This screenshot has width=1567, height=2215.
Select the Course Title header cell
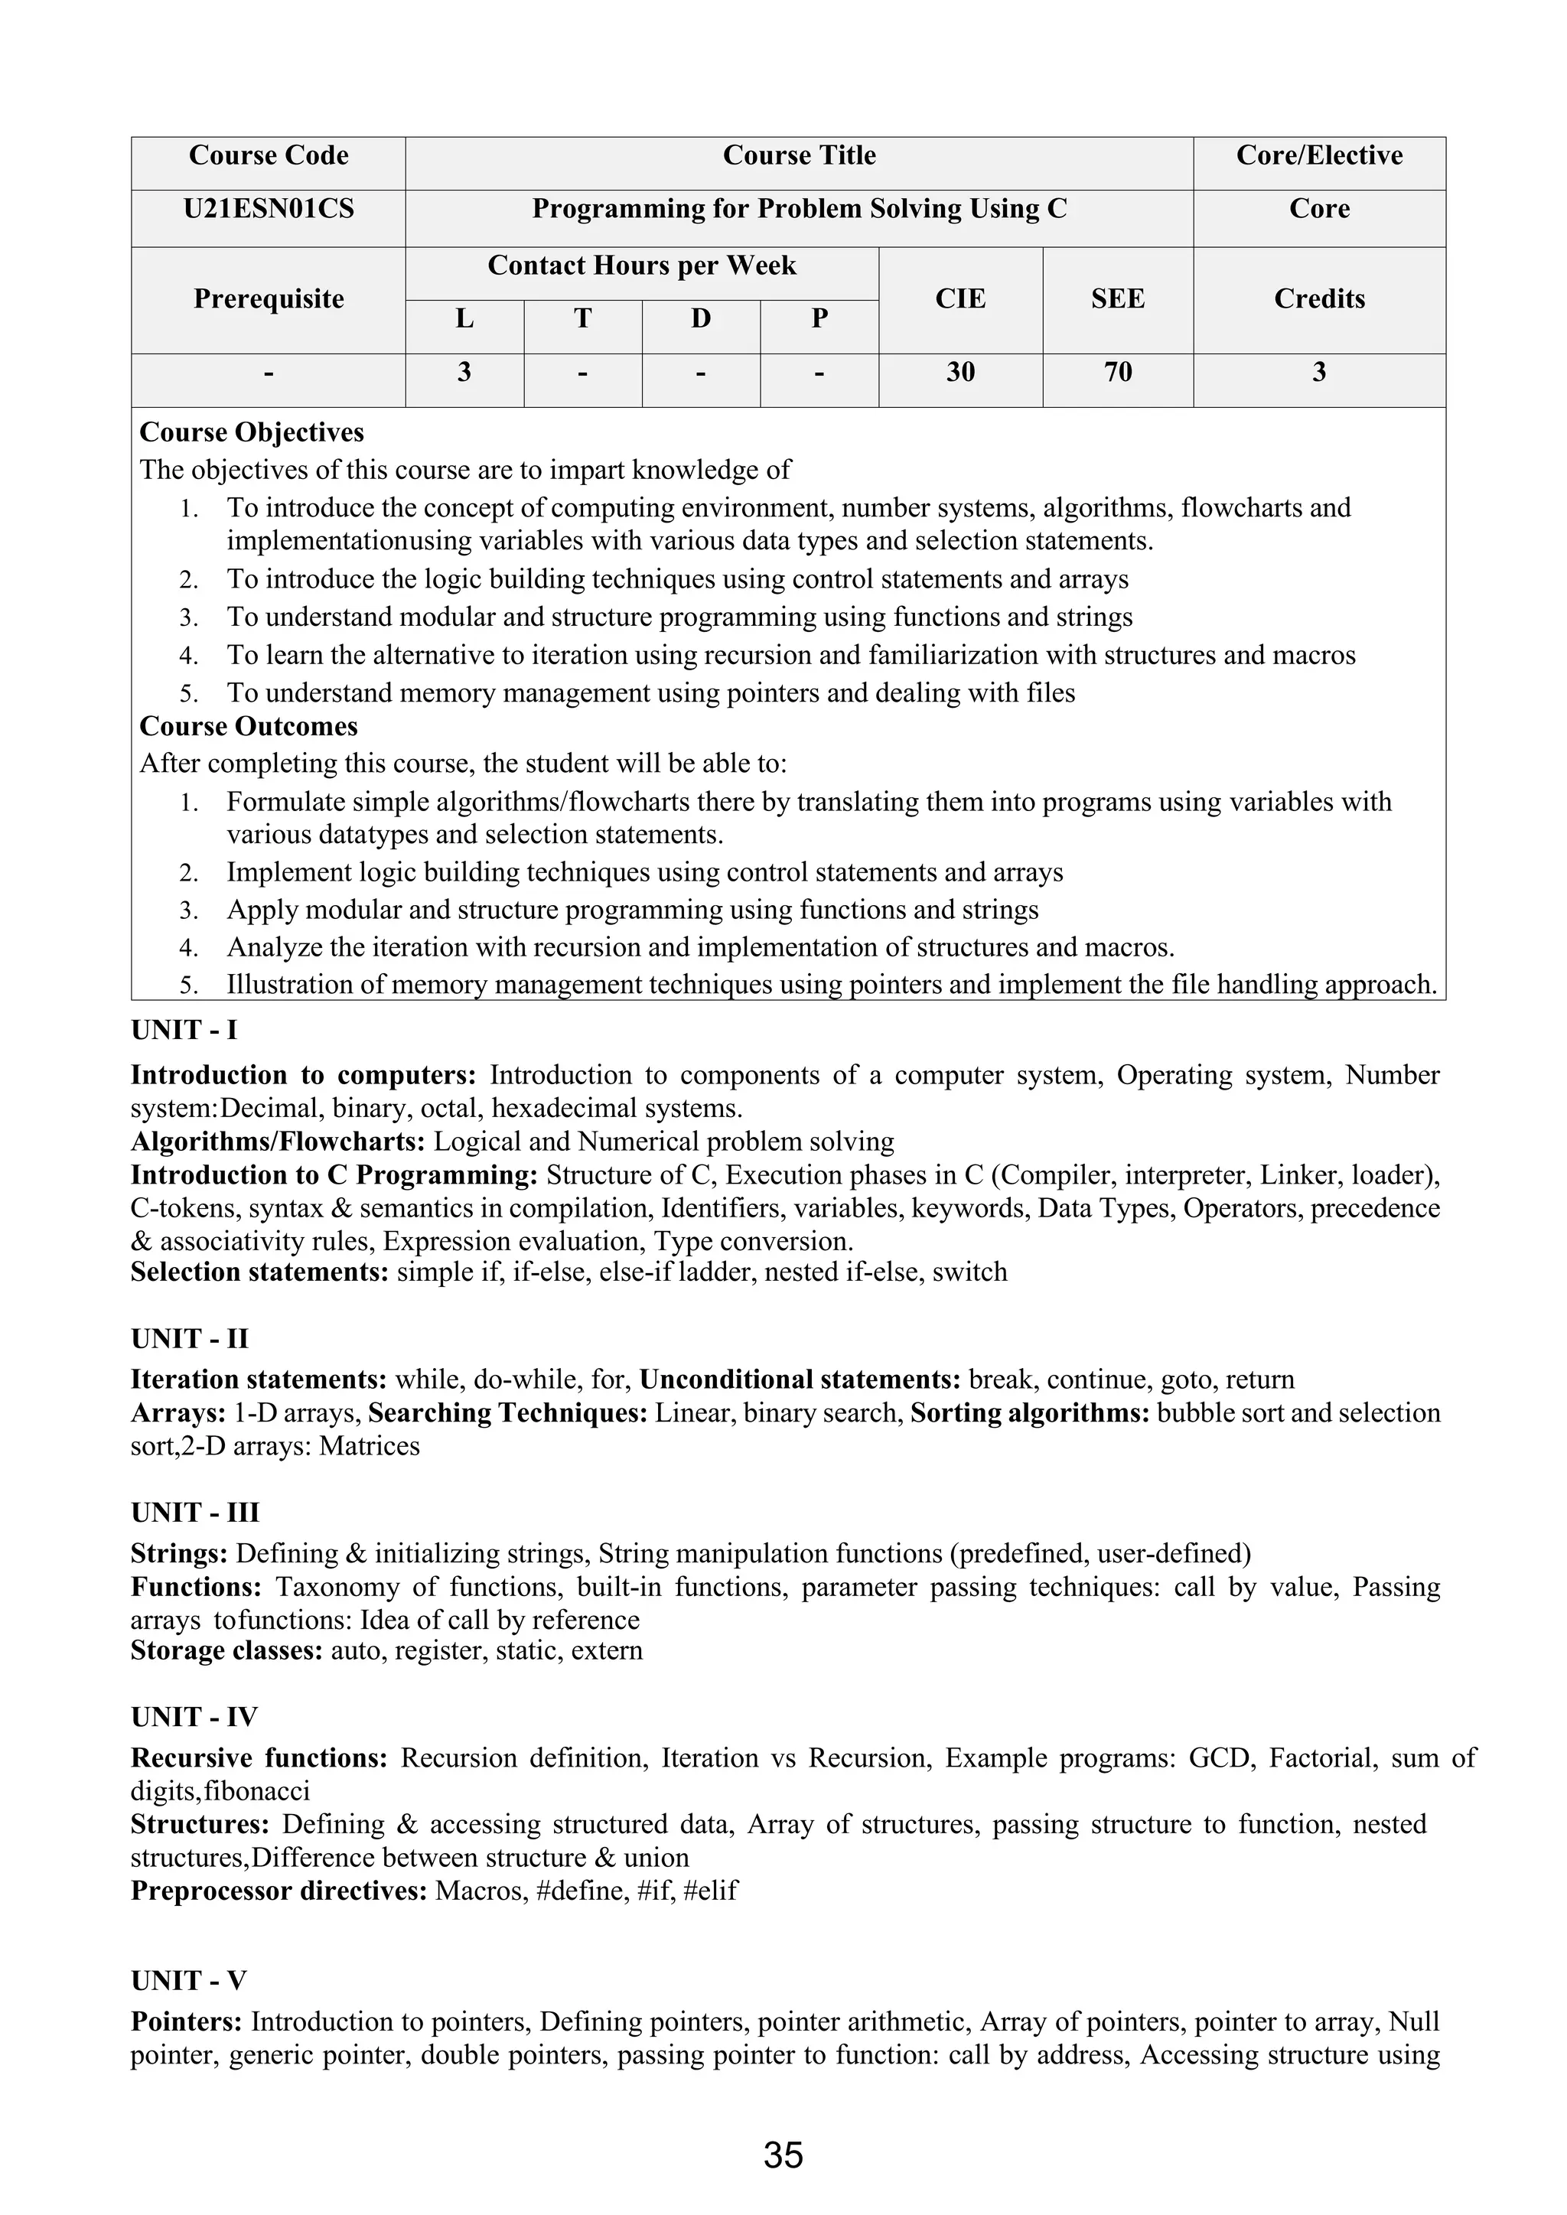[799, 156]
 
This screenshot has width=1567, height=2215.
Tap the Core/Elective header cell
[1318, 156]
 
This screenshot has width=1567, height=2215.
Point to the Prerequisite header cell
[269, 299]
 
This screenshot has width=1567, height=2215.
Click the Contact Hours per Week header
[642, 266]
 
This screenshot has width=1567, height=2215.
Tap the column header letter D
[701, 318]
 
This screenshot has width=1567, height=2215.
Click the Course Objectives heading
[252, 432]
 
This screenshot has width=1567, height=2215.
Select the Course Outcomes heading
[248, 726]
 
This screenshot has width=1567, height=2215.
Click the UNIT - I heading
[184, 1031]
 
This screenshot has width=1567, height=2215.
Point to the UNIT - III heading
[195, 1513]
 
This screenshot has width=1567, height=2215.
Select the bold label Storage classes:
[226, 1650]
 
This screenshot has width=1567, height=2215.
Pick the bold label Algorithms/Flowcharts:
[278, 1142]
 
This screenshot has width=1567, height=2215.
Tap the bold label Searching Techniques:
[507, 1413]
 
